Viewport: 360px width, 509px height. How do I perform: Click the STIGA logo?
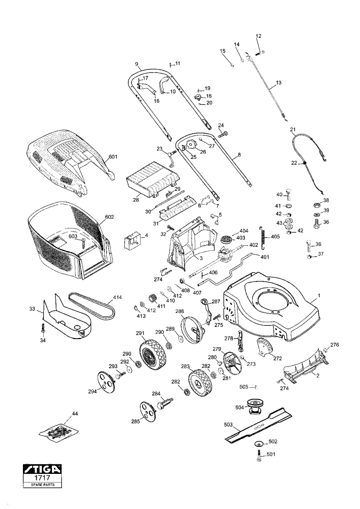(42, 469)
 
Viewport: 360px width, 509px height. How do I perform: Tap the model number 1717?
(42, 478)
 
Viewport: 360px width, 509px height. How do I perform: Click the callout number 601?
(113, 157)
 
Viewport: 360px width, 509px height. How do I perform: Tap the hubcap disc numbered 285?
(148, 412)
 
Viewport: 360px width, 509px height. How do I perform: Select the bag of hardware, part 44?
(59, 432)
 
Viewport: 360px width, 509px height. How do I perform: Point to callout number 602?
(109, 217)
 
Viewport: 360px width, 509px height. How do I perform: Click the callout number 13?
(279, 83)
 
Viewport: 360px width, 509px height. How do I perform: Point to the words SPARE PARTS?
(43, 485)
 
